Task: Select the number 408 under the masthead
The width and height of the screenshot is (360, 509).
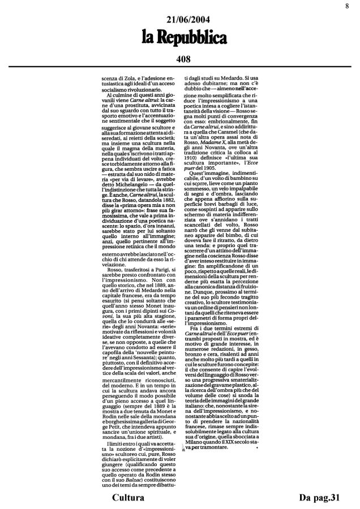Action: [x=179, y=58]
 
